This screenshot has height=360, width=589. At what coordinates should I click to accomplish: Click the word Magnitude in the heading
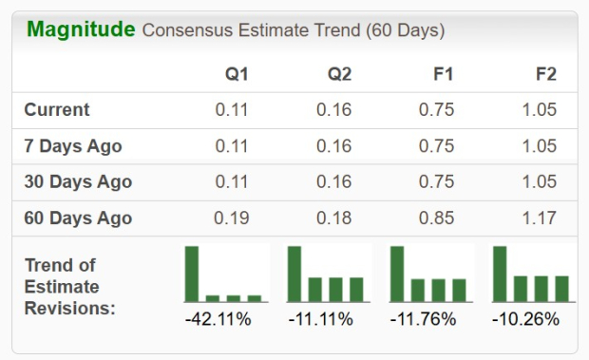pos(81,29)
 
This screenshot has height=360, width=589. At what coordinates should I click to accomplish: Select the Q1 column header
pos(236,74)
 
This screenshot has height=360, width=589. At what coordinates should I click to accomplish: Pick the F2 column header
pos(544,74)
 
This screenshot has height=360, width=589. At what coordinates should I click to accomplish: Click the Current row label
pos(57,110)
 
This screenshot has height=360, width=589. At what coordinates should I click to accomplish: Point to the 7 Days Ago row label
pos(73,146)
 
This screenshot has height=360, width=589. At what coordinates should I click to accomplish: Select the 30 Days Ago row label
pos(78,182)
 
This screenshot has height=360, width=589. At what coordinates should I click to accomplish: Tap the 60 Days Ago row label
pos(78,218)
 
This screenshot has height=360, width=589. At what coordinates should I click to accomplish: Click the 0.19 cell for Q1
pos(232,218)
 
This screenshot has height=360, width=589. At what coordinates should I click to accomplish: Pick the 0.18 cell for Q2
pos(334,218)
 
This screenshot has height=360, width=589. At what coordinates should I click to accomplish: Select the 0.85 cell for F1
pos(436,218)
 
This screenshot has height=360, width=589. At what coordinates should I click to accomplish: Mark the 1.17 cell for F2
pos(539,218)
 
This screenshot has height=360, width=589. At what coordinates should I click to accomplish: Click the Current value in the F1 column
pos(436,110)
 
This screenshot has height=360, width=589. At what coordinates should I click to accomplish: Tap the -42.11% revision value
pos(218,319)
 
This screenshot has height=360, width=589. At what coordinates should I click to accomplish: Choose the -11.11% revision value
pos(321,319)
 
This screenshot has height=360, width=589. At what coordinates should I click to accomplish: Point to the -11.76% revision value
pos(424,319)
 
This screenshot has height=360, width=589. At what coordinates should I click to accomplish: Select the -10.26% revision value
pos(525,319)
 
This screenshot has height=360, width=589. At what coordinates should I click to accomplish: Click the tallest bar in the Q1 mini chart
pos(192,274)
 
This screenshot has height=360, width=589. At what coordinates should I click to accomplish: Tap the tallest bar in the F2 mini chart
pos(500,274)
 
